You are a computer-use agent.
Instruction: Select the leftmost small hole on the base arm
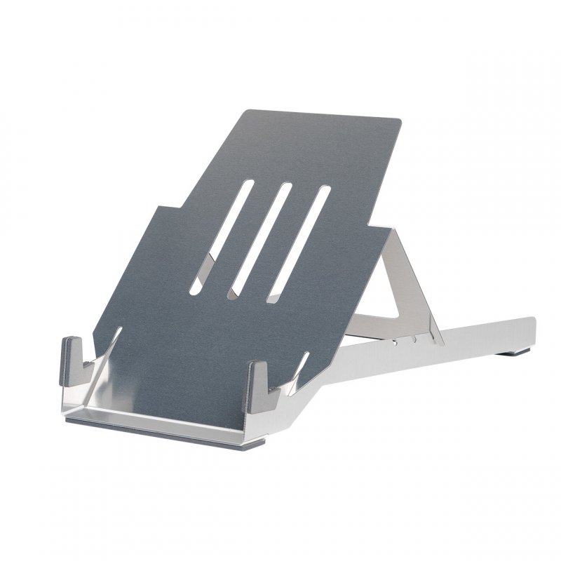point(397,344)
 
